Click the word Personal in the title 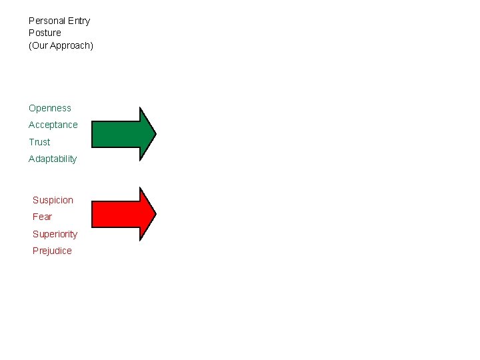coord(47,21)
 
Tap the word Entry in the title coord(79,21)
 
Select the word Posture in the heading coord(45,33)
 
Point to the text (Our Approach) coord(61,45)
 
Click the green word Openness coord(49,108)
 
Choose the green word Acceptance coord(53,125)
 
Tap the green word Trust coord(39,142)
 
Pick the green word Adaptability coord(53,159)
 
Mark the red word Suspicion coord(53,200)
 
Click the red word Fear coord(42,217)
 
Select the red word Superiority coord(55,234)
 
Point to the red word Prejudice coord(52,251)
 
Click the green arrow coord(123,134)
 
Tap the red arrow coord(123,213)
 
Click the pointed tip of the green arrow coord(154,134)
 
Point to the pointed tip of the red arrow coord(154,213)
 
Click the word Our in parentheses coord(40,45)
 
